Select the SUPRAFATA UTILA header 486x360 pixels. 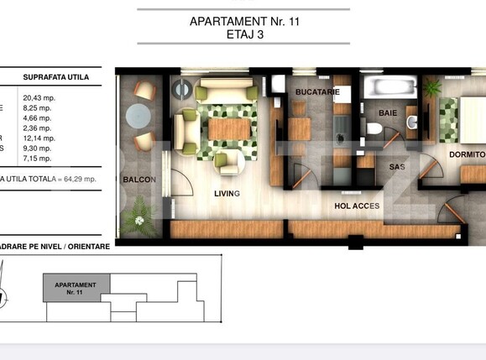tap(56, 78)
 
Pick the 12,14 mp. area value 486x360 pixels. tap(38, 138)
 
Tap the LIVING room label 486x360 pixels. tap(227, 194)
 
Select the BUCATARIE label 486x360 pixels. tap(316, 91)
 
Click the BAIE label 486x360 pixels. tap(387, 112)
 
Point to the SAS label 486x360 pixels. tap(396, 167)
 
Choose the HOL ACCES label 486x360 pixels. tap(357, 206)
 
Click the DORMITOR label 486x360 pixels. tap(467, 155)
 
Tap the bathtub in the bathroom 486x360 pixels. tap(389, 87)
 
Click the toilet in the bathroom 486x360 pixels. tap(374, 128)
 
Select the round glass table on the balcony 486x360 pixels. tap(138, 118)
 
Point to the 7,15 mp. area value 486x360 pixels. tap(38, 158)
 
